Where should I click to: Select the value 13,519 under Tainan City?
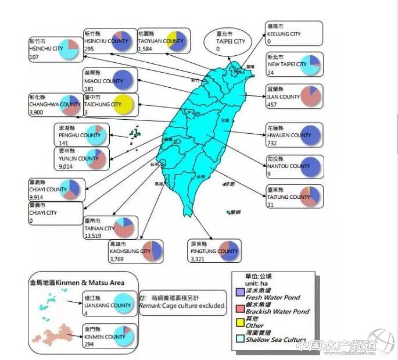(94, 236)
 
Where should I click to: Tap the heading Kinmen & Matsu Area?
(77, 283)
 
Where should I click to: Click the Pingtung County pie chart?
(227, 251)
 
